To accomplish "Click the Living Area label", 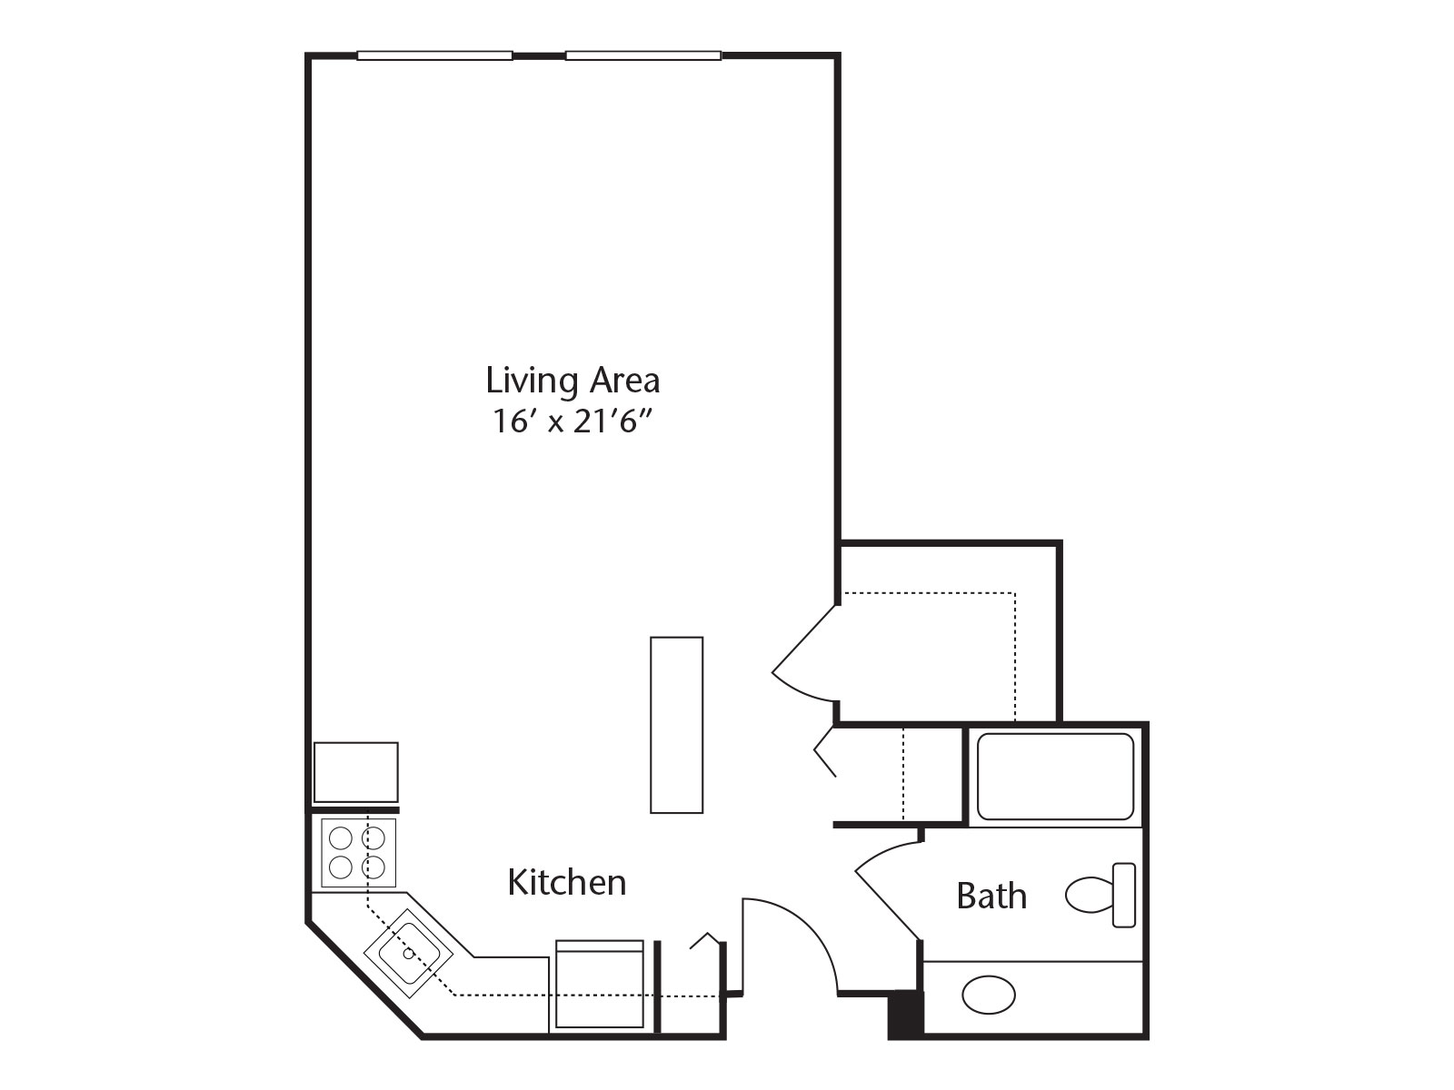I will [x=573, y=380].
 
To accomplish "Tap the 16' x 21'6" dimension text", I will [x=573, y=421].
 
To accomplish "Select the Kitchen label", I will [x=566, y=882].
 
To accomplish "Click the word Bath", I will [x=991, y=897].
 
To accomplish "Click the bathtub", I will [x=1055, y=777].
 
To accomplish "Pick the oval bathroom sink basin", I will [x=989, y=995].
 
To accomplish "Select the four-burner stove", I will [x=358, y=852].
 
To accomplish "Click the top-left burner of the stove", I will [x=341, y=836].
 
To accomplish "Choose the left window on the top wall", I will [x=434, y=55].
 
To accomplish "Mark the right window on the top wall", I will [x=643, y=55].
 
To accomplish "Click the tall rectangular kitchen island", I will [x=676, y=725].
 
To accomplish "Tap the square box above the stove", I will [x=355, y=772].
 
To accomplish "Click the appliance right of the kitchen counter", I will [x=599, y=985].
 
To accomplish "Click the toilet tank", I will [x=1124, y=895].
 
